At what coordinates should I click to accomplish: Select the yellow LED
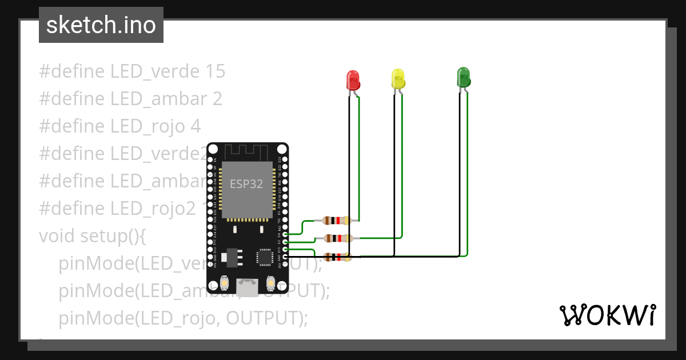click(398, 78)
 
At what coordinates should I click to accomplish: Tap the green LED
click(463, 77)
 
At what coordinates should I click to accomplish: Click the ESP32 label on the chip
click(246, 184)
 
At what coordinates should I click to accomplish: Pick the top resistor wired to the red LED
click(336, 221)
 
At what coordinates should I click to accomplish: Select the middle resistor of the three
click(337, 238)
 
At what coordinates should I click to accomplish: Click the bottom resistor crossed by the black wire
click(337, 257)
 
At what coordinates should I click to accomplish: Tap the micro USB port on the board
click(247, 285)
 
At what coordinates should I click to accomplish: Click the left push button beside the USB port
click(225, 283)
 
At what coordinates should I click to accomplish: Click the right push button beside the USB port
click(270, 283)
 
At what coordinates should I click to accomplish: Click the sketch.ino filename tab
click(101, 25)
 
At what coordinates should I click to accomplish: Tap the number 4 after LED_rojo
click(196, 126)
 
